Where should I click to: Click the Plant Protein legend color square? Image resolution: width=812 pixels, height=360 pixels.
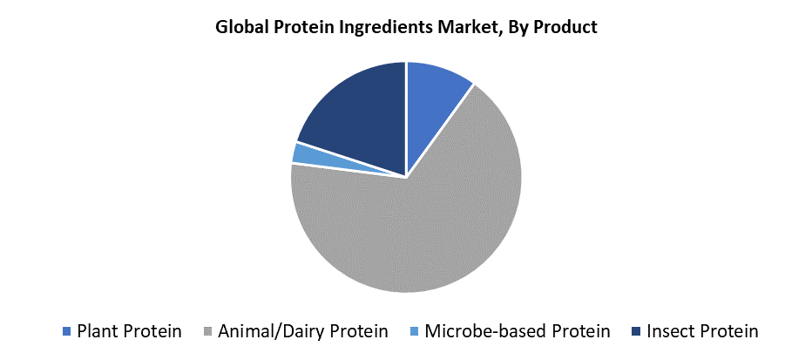point(65,331)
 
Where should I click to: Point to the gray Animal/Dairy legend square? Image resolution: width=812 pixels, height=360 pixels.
point(207,331)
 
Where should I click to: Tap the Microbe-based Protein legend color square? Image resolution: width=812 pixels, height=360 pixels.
point(414,331)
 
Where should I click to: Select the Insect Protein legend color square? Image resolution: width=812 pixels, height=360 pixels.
point(636,331)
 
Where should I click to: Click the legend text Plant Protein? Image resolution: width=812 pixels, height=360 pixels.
point(130,331)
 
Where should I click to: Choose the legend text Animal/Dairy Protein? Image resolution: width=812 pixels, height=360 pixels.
point(303,331)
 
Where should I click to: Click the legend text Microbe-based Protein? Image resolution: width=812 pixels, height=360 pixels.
point(518,331)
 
